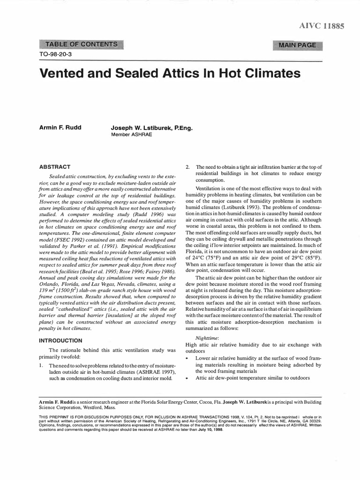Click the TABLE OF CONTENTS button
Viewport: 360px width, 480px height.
tap(81, 45)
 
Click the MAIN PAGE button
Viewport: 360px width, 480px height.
tap(297, 45)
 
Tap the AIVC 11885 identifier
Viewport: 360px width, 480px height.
tap(322, 26)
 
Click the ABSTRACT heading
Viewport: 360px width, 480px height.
tap(55, 166)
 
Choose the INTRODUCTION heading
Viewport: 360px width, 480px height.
tap(63, 340)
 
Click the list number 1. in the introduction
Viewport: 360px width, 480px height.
tap(41, 365)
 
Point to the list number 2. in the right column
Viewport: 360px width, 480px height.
tap(188, 167)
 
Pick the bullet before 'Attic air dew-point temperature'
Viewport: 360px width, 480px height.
tap(187, 377)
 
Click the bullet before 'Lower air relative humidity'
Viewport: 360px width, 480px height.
tap(187, 358)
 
